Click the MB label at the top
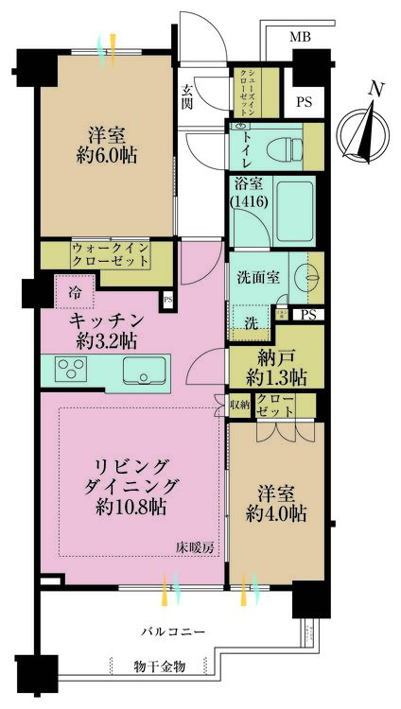tap(299, 37)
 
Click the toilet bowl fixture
tap(277, 142)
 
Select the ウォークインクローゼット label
tap(110, 254)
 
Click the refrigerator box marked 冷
tap(74, 292)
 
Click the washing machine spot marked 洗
tap(250, 321)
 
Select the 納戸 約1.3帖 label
tap(275, 367)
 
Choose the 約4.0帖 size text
tap(275, 514)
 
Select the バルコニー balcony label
tap(174, 630)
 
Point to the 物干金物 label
tap(158, 666)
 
